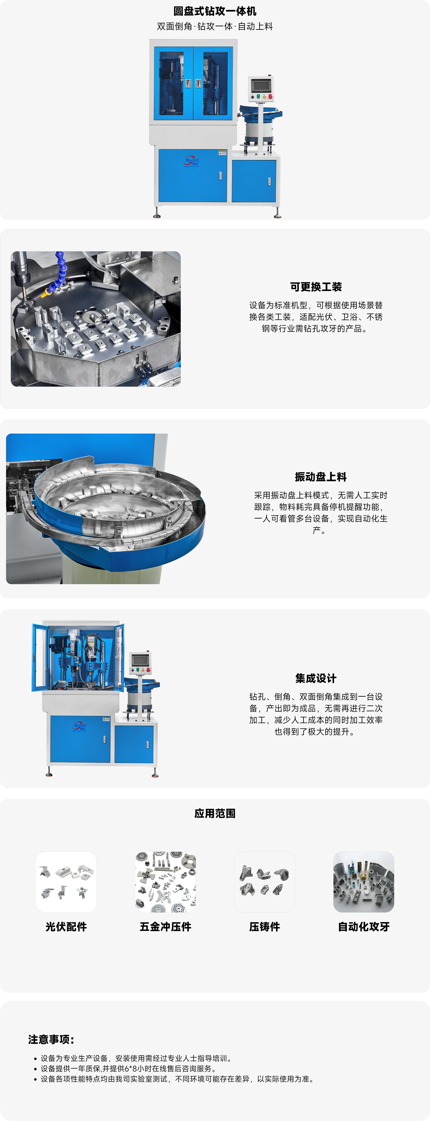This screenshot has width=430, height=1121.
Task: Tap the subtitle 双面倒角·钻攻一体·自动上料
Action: [215, 27]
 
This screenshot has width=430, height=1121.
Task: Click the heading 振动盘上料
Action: [320, 477]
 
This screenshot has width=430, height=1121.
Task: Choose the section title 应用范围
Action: [215, 813]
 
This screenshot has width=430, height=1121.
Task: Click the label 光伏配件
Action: [66, 927]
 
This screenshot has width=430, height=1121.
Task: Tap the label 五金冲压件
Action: [165, 927]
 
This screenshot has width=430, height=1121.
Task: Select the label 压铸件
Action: [264, 927]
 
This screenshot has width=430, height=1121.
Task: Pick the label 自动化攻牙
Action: [363, 927]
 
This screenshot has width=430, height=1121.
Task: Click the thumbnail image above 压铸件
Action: [264, 882]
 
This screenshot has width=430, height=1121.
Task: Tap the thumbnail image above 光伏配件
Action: [66, 882]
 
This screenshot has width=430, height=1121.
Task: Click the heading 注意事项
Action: [51, 1040]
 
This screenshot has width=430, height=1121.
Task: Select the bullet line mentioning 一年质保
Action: [128, 1068]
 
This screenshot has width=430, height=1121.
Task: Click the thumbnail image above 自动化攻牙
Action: [363, 882]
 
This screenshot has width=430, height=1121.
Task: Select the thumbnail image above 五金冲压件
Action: [165, 882]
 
